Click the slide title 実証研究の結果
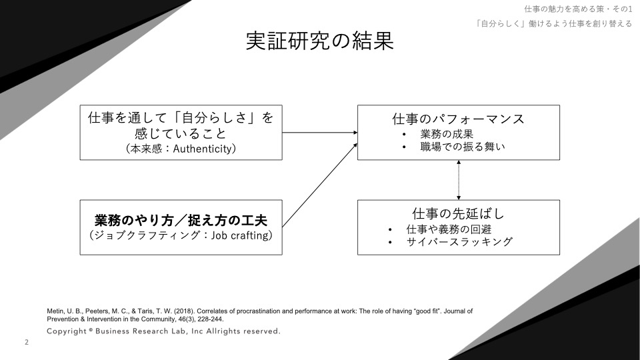[319, 41]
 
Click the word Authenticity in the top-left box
[203, 149]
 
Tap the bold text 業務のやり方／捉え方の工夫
[181, 221]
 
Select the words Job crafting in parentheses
[239, 235]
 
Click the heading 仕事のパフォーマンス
[459, 119]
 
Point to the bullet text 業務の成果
[447, 134]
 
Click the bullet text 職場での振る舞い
[463, 147]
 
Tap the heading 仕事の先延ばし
[459, 213]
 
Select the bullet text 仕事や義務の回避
[449, 229]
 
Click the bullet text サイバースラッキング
[459, 241]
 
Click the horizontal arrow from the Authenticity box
[319, 133]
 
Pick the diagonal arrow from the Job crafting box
[319, 185]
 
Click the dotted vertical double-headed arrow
[459, 180]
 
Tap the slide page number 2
[27, 342]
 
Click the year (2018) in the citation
[185, 311]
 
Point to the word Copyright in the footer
[67, 331]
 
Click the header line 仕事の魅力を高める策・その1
[578, 9]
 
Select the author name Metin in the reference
[55, 311]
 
